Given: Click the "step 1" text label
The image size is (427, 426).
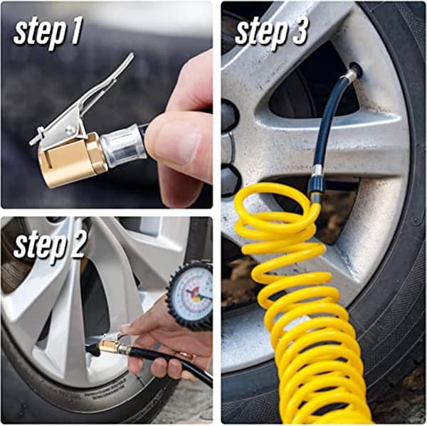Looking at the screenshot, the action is tap(48, 33).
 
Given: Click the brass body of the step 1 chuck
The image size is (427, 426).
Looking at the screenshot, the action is tap(71, 161).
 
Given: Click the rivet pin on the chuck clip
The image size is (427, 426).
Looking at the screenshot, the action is tap(70, 130).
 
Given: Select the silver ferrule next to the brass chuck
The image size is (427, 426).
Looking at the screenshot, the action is tap(122, 147).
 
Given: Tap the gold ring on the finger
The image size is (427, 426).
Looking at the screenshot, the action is tap(187, 355).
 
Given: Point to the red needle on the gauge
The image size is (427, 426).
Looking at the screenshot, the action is tap(199, 295).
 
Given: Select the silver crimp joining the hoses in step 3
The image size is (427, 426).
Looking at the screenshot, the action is tap(317, 170).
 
